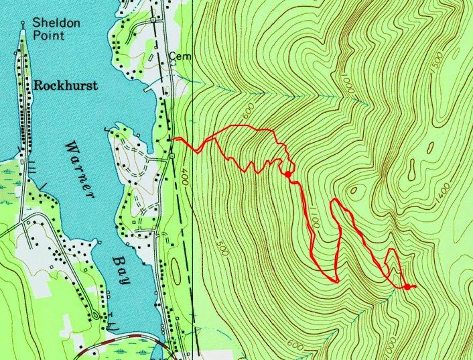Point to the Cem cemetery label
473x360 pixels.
[180, 57]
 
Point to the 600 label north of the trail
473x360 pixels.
[251, 118]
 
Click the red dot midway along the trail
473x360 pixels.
[287, 174]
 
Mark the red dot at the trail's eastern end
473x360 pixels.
[407, 287]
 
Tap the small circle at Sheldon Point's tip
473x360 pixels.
[23, 23]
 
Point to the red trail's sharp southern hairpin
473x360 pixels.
[335, 280]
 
